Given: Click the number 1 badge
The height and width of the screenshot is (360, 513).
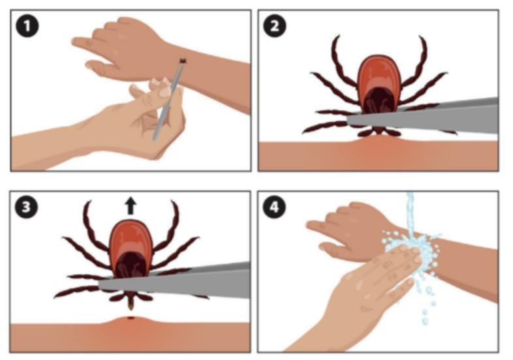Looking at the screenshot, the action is pos(27,26).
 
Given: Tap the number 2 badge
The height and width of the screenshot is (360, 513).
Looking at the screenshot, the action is pos(275,26).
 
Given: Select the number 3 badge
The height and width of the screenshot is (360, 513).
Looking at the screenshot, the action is pos(26,207).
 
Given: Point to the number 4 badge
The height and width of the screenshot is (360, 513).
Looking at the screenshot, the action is pos(274,207).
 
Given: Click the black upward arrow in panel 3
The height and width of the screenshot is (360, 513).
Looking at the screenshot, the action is pos(131,205).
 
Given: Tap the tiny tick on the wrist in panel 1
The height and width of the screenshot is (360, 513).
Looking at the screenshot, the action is pos(183,61).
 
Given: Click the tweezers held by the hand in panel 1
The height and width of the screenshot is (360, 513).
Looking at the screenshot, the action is pos(168,100).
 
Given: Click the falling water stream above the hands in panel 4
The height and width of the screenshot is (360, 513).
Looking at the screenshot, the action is pos(411,213).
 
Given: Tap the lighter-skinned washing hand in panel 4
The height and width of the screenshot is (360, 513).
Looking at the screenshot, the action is pos(369,288).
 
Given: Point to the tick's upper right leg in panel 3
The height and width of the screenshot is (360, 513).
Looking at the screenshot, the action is pos(170,226).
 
